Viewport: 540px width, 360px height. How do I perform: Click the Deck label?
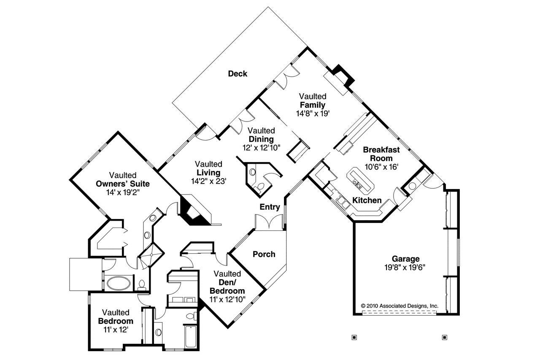238,74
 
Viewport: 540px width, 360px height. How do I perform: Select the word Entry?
270,207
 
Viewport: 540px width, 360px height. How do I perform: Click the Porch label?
264,254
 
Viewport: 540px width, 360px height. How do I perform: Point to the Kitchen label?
367,200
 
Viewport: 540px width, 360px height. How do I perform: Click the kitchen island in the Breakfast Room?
360,179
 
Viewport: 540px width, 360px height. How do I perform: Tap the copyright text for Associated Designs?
400,306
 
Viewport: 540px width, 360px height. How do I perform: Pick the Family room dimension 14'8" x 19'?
312,113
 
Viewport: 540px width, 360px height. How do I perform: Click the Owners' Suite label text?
123,184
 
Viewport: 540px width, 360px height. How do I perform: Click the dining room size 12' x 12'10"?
261,147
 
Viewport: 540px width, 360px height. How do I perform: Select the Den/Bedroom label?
227,287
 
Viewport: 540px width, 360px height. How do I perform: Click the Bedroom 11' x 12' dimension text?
116,329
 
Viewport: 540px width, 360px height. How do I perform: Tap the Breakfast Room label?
381,154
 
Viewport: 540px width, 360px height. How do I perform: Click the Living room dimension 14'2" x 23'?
208,181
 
